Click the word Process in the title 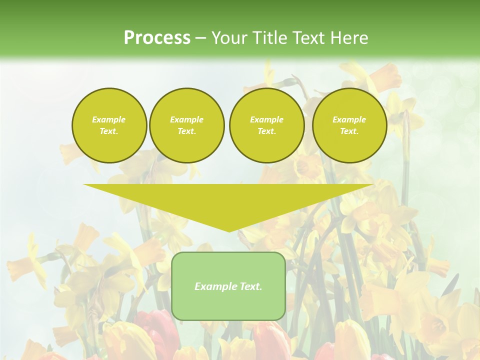pos(157,38)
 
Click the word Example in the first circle pos(109,119)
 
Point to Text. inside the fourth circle pos(349,131)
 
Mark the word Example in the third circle pos(266,119)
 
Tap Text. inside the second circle pos(186,131)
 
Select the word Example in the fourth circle pos(349,119)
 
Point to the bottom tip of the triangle pos(228,230)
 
